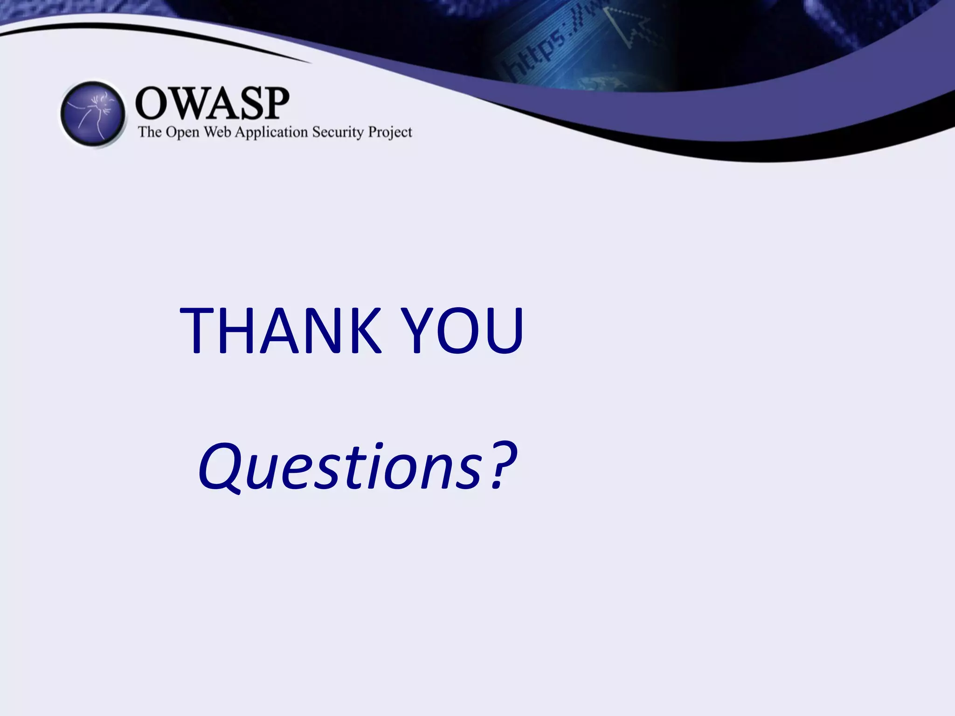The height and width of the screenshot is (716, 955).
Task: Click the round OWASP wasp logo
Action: click(93, 114)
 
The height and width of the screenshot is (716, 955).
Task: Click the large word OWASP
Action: click(212, 103)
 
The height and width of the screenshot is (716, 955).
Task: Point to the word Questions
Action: click(340, 466)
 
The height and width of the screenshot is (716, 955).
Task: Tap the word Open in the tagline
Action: click(183, 133)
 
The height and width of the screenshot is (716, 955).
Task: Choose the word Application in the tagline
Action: click(271, 133)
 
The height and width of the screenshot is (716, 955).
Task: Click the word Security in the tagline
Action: click(338, 133)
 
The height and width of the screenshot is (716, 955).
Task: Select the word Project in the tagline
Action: click(390, 133)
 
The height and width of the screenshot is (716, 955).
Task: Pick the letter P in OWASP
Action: click(275, 103)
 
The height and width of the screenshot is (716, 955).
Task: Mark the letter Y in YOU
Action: click(417, 330)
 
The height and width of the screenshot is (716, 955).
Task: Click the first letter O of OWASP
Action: click(150, 103)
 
